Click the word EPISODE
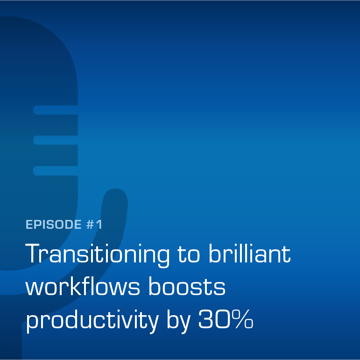54,224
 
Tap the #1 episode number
94,224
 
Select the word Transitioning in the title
97,255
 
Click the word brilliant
250,253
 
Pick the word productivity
92,321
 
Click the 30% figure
226,319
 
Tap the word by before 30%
179,321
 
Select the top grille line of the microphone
56,110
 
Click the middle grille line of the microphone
56,140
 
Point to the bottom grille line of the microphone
56,171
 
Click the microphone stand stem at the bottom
11,340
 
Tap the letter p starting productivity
32,323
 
